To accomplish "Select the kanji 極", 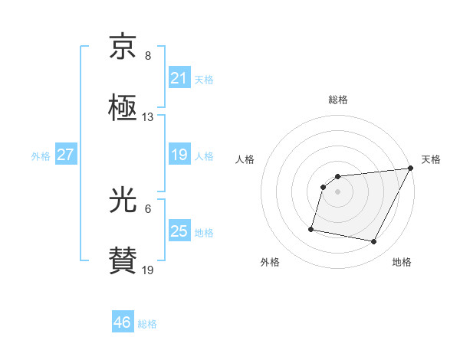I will point(123,107).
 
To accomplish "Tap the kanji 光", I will point(123,201).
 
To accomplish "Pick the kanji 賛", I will point(123,260).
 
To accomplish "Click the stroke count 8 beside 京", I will point(148,56).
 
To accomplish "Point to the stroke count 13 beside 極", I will point(148,117).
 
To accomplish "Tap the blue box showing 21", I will point(179,78).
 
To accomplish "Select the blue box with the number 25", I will point(179,231).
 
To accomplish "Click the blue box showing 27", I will point(65,155).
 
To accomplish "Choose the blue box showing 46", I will point(123,322).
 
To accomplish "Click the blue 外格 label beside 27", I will point(41,155).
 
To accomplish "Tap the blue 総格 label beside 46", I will point(147,324).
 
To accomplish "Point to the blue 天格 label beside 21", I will point(204,79).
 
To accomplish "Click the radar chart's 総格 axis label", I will point(338,100).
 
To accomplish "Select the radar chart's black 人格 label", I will point(245,159).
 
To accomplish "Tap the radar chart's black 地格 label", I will point(402,262).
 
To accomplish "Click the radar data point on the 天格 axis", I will point(411,169).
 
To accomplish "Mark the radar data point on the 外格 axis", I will point(311,228).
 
